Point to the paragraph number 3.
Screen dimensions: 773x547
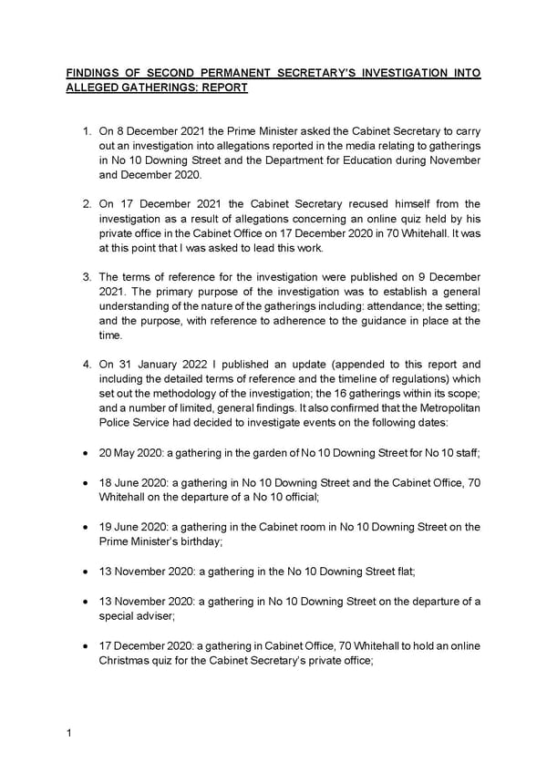click(86, 277)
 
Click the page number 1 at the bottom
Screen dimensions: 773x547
click(68, 733)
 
